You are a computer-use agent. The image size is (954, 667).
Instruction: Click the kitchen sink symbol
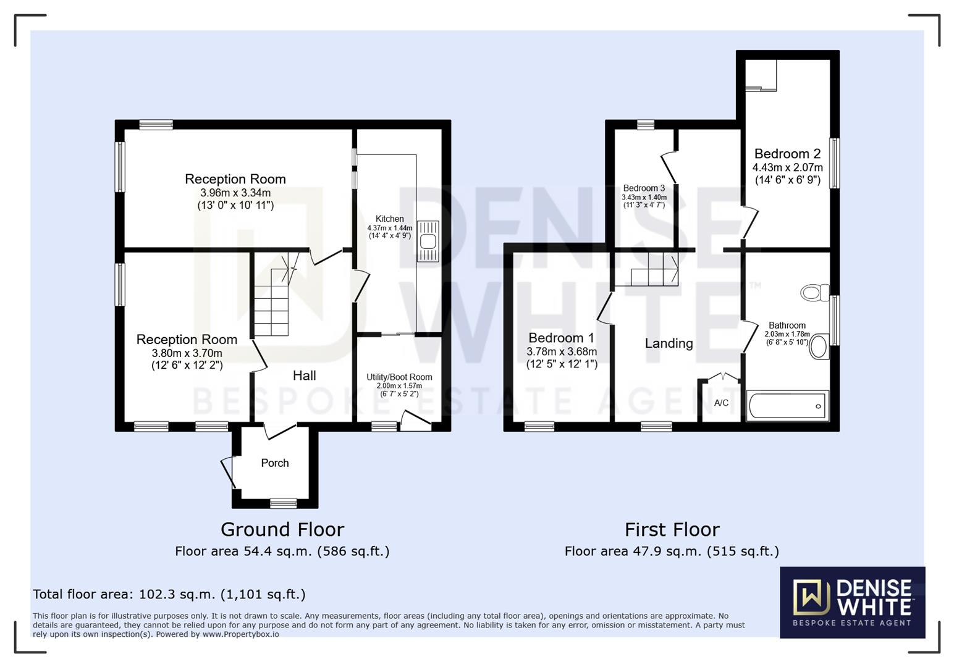pos(428,241)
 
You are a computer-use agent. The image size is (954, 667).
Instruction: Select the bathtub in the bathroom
pos(787,406)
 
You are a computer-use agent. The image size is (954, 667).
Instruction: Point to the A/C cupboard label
pos(721,403)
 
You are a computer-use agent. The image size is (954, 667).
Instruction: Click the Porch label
pos(275,463)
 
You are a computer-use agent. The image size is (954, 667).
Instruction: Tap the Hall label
pos(304,375)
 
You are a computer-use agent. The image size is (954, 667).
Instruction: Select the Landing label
pos(669,343)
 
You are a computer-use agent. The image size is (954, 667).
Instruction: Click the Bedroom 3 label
pos(644,188)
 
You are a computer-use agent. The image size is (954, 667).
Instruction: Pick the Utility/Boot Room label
pos(399,377)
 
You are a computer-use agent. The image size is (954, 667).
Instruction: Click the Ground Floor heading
pos(282,529)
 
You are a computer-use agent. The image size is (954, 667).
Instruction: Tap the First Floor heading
pos(672,529)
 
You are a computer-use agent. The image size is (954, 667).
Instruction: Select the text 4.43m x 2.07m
pos(787,167)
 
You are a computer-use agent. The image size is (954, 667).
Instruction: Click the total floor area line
pos(169,594)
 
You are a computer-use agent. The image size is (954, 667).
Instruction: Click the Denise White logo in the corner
pos(852,602)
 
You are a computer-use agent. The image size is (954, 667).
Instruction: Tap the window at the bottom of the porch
pos(284,503)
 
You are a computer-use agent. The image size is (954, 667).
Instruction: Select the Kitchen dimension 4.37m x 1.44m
pos(390,228)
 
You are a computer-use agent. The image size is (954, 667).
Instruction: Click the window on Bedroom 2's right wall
pos(835,163)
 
